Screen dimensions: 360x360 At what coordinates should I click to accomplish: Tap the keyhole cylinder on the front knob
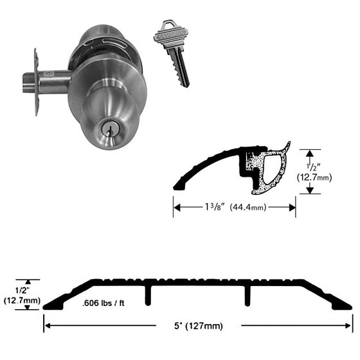[108, 129]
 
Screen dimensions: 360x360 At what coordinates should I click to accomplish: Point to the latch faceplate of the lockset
[36, 82]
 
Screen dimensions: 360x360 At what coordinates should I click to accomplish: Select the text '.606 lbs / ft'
[103, 303]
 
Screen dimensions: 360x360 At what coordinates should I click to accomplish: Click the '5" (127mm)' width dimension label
[199, 326]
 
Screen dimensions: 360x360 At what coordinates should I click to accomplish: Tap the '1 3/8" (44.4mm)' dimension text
[235, 207]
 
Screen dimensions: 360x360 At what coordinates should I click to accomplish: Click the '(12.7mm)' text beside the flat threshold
[22, 301]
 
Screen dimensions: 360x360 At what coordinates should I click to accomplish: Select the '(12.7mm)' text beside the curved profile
[314, 177]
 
